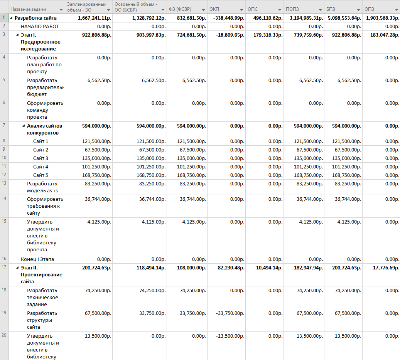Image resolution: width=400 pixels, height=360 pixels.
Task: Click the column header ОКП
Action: (214, 9)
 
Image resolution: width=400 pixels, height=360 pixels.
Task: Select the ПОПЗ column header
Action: (292, 9)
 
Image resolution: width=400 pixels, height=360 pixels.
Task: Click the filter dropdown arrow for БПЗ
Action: (358, 10)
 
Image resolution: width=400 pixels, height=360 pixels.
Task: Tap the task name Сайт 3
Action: (41, 158)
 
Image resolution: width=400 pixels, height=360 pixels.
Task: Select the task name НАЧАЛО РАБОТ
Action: (40, 27)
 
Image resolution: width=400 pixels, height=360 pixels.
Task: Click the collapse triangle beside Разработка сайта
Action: (11, 18)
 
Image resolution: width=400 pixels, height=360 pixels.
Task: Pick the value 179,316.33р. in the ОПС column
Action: (268, 35)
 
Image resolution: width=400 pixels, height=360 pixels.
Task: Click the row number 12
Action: (4, 175)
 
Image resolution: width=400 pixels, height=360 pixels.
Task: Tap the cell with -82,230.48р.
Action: (230, 268)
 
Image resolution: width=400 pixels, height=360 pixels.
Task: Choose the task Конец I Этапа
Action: (37, 259)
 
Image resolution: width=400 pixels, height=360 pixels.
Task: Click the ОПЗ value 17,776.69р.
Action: (386, 268)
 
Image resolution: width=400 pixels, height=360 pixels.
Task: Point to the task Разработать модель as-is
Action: (42, 187)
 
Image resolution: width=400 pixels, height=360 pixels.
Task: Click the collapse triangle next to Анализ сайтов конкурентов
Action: (24, 126)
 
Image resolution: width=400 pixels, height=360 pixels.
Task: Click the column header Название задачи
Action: (28, 9)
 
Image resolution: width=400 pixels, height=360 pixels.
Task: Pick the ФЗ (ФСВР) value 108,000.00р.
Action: (192, 268)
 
